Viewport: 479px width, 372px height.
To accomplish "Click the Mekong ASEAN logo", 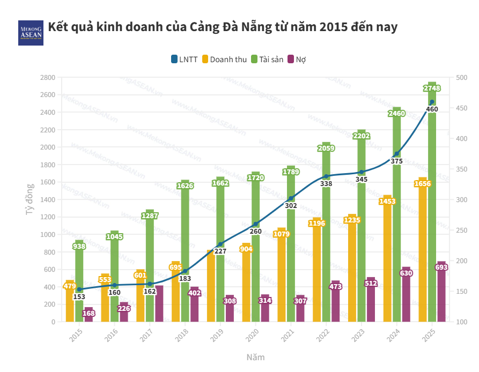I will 31,33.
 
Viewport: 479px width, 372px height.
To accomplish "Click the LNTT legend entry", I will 184,59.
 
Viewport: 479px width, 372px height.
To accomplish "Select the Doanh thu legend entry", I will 224,59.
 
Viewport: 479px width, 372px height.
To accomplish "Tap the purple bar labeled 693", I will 441,295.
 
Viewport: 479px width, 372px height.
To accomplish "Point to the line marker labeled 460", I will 432,102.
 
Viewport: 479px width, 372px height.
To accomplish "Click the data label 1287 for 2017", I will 150,216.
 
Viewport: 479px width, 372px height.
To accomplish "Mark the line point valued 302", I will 291,198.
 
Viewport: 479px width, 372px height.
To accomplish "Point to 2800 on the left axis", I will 48,77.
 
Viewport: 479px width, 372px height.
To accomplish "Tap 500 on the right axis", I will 461,77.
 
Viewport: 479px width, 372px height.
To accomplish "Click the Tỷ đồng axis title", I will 30,199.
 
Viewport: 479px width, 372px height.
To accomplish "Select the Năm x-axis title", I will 255,357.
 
